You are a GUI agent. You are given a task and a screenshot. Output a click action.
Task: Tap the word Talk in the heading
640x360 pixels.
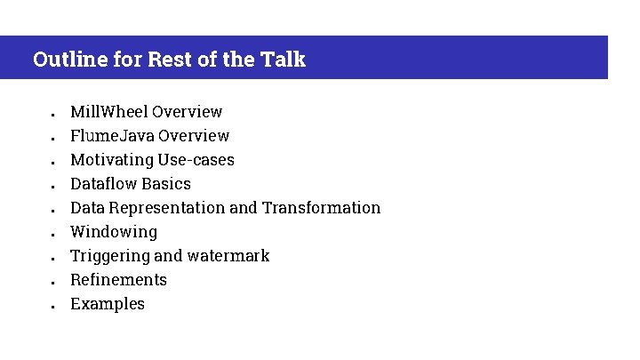click(x=284, y=60)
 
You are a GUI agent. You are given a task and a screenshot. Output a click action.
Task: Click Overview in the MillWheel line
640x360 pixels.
click(x=187, y=112)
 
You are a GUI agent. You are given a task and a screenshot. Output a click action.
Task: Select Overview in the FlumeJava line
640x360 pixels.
click(x=193, y=136)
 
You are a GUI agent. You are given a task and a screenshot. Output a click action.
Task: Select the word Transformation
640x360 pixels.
click(x=322, y=208)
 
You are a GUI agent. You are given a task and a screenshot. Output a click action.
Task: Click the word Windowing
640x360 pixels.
click(x=114, y=232)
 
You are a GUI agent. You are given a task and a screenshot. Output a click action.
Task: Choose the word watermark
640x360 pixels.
click(x=228, y=256)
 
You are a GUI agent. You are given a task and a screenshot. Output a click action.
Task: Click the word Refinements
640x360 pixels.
click(x=118, y=280)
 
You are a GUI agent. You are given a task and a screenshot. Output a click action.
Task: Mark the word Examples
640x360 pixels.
click(x=108, y=304)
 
